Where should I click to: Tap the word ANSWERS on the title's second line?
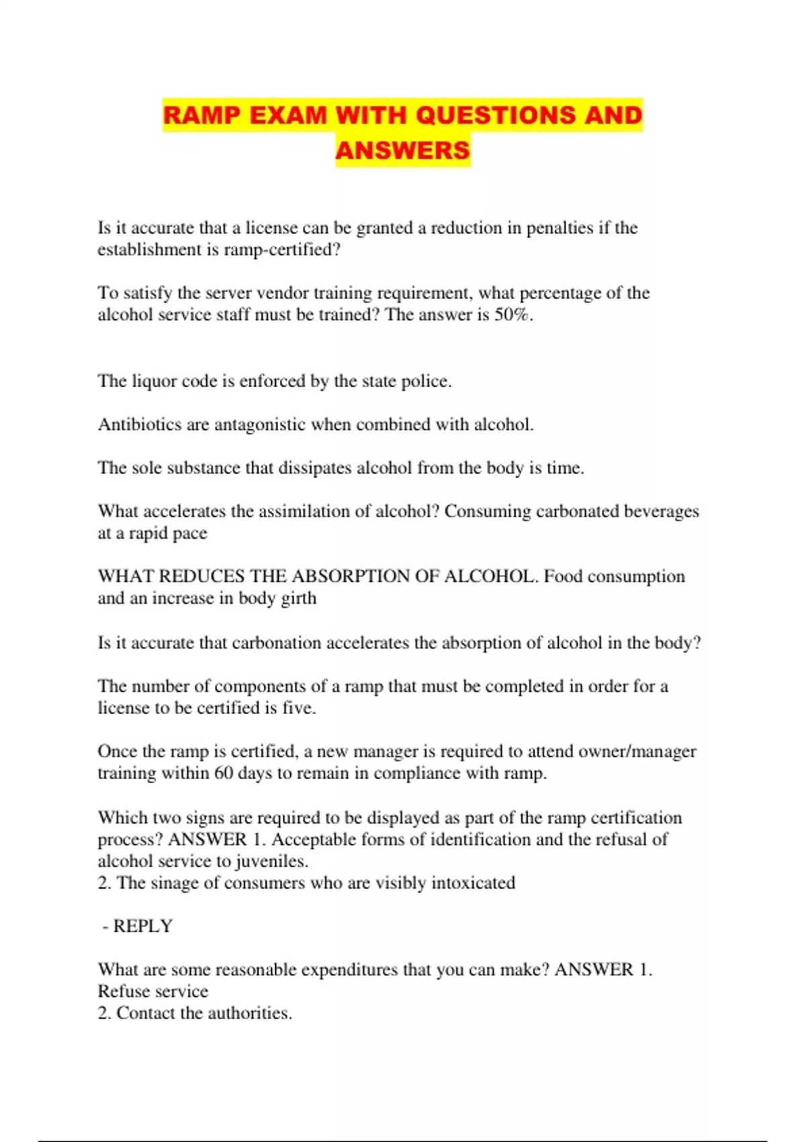[402, 150]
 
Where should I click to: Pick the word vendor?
[282, 294]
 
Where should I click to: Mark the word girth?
[298, 599]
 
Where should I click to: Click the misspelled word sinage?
[174, 883]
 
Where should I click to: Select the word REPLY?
[142, 926]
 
